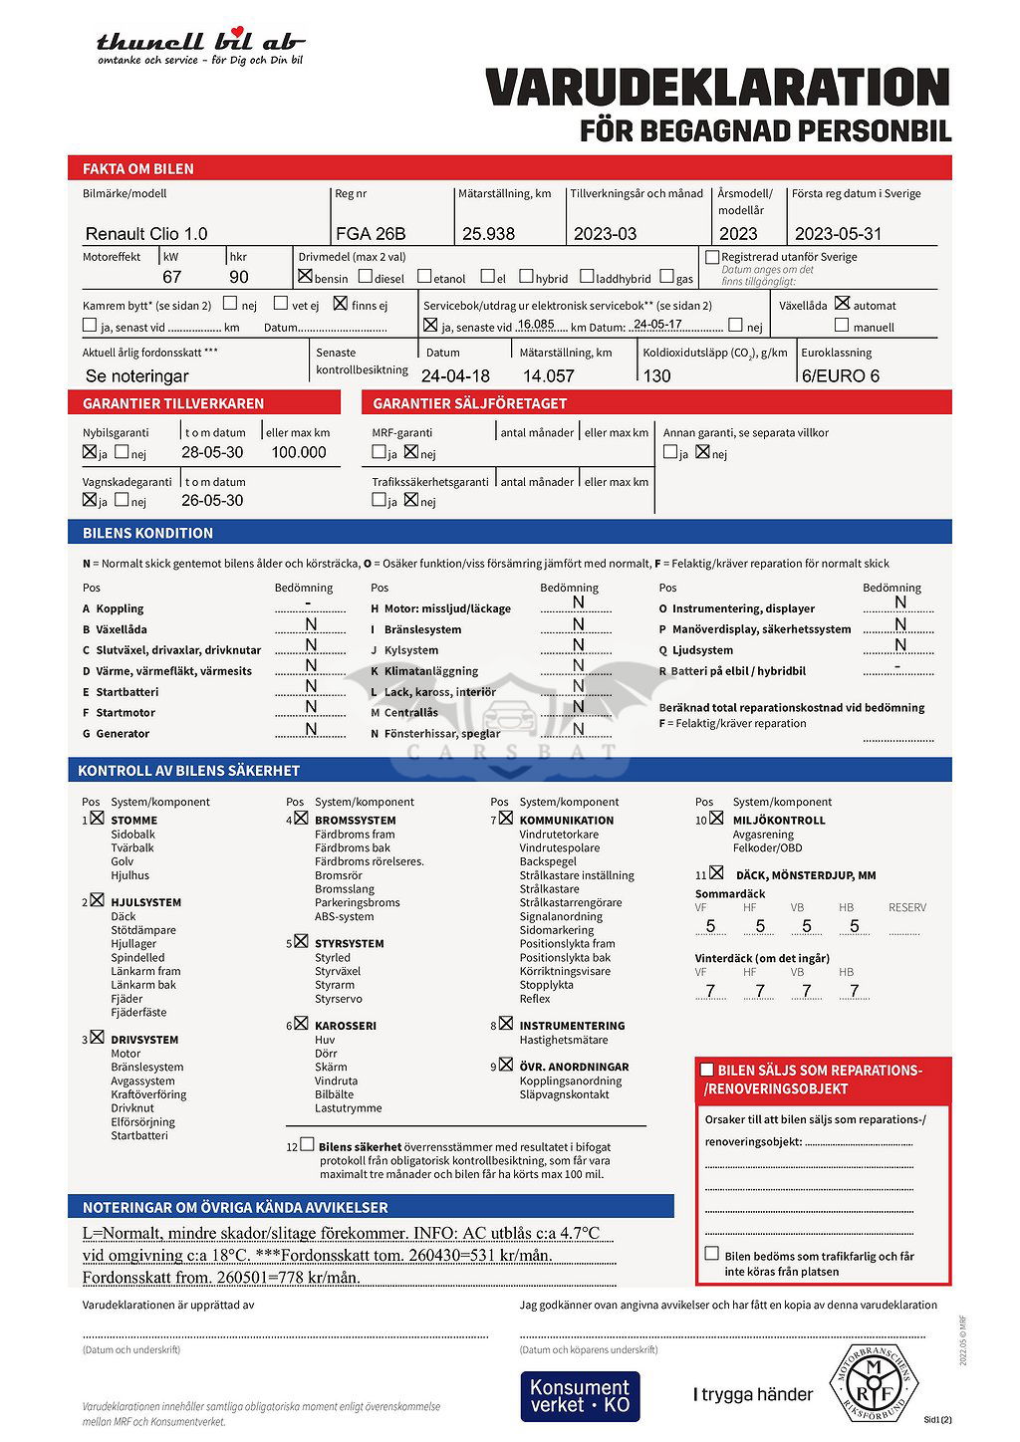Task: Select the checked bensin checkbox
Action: coord(305,276)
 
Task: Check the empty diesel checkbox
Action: coord(366,277)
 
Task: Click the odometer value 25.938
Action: coord(488,234)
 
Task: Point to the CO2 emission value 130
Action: coord(657,376)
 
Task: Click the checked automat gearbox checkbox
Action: coord(843,303)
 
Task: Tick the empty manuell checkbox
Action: coord(843,326)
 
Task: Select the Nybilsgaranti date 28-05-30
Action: coord(212,452)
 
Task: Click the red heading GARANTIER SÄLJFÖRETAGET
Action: coord(470,403)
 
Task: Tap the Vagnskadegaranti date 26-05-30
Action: coord(212,501)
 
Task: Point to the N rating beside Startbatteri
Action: coord(311,687)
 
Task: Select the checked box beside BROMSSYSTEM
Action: coord(301,819)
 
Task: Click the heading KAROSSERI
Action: coord(345,1026)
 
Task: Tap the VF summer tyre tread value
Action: coord(710,926)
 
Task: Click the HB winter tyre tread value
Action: coord(854,991)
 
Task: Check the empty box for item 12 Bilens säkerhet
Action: coord(307,1145)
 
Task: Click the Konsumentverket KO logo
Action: coord(580,1395)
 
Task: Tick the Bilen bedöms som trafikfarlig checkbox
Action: coord(711,1254)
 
